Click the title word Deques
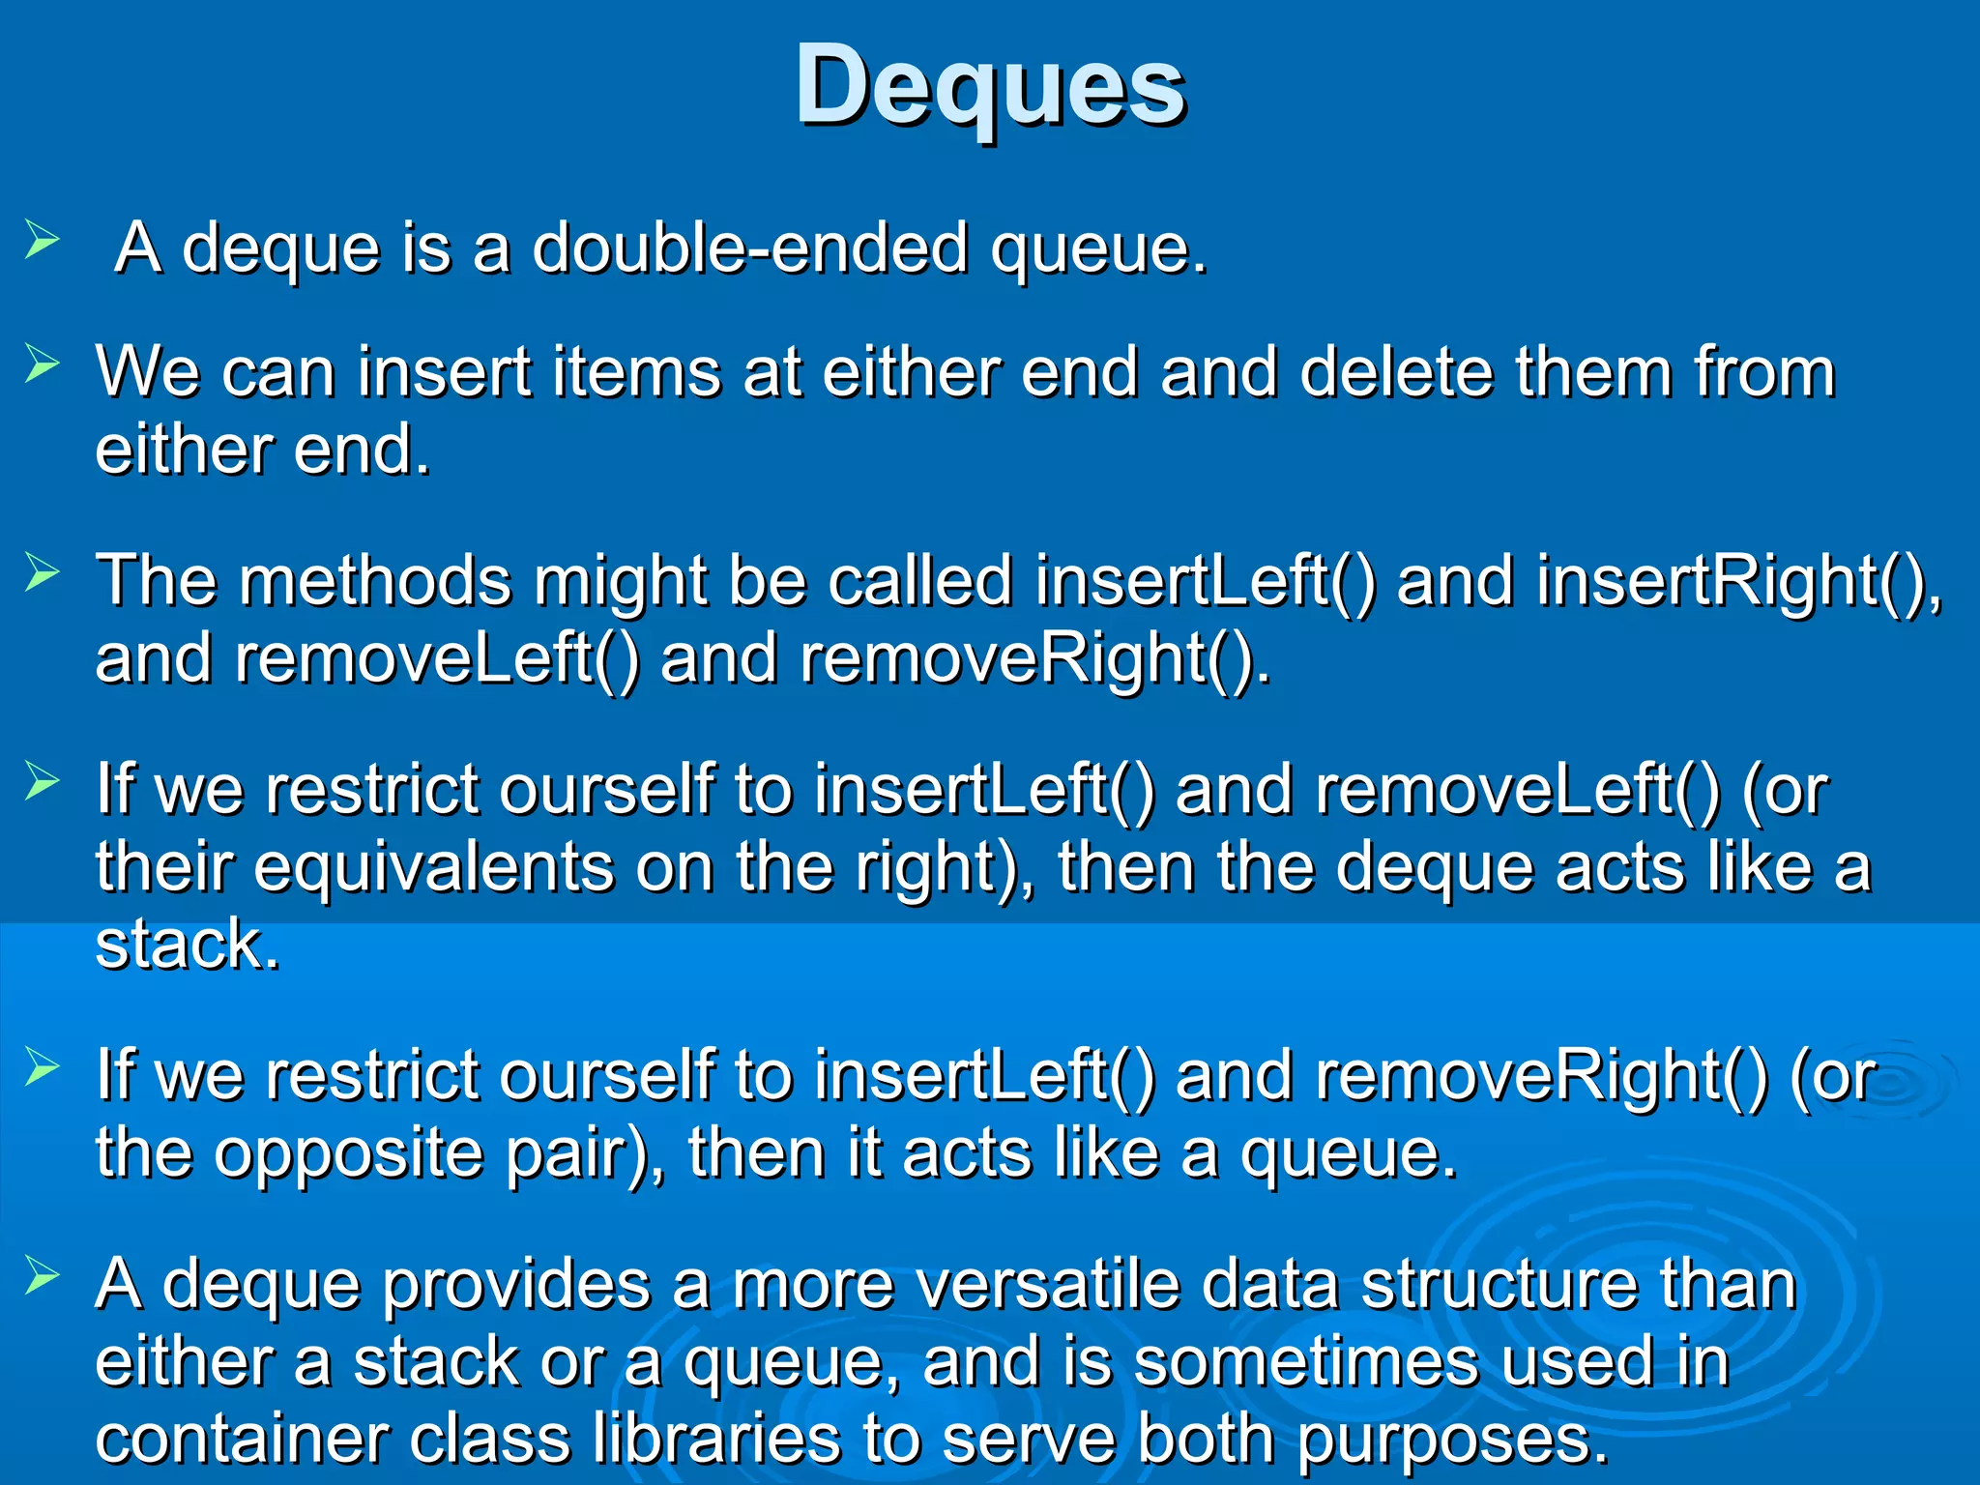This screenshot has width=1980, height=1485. click(990, 87)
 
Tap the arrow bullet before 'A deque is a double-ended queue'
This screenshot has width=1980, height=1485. click(43, 239)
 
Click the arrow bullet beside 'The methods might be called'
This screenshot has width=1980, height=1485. click(43, 572)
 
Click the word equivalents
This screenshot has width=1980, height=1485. click(433, 867)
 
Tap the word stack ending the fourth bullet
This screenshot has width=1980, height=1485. click(187, 945)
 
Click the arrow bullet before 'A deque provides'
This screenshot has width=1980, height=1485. click(43, 1276)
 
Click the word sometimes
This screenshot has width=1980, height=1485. click(1305, 1362)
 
